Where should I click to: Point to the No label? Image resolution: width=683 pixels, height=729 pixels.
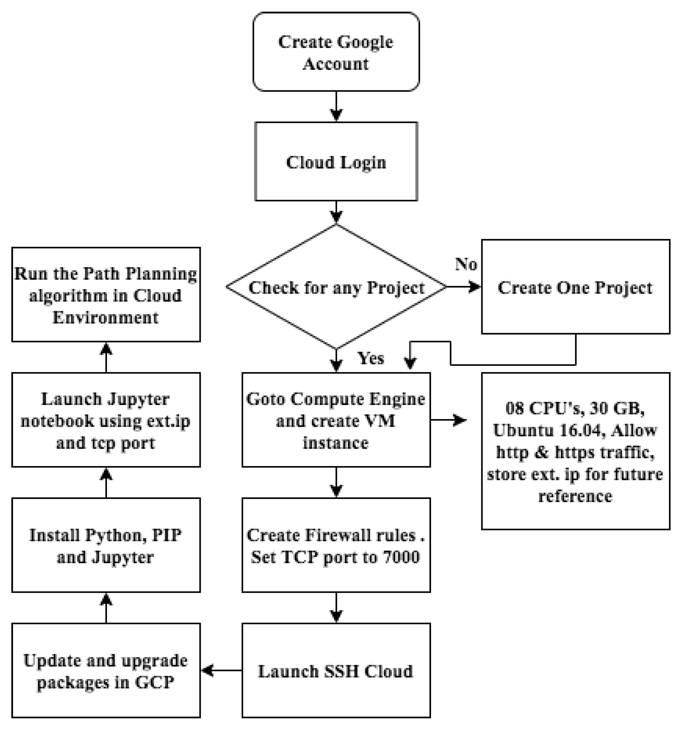point(466,264)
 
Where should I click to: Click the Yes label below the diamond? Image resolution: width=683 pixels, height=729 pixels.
point(371,358)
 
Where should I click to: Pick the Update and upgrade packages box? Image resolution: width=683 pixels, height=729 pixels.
point(106,671)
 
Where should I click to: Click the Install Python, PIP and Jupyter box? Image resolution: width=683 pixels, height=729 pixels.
point(106,545)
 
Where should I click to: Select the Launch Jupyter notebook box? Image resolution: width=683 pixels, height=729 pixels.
point(106,420)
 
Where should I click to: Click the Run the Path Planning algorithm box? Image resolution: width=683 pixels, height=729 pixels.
point(106,294)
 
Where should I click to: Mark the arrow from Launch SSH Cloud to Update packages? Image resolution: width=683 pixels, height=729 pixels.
point(221,671)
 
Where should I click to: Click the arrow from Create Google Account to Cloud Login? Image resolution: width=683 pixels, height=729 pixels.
point(336,106)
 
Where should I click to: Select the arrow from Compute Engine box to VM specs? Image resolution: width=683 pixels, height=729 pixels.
point(449,420)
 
